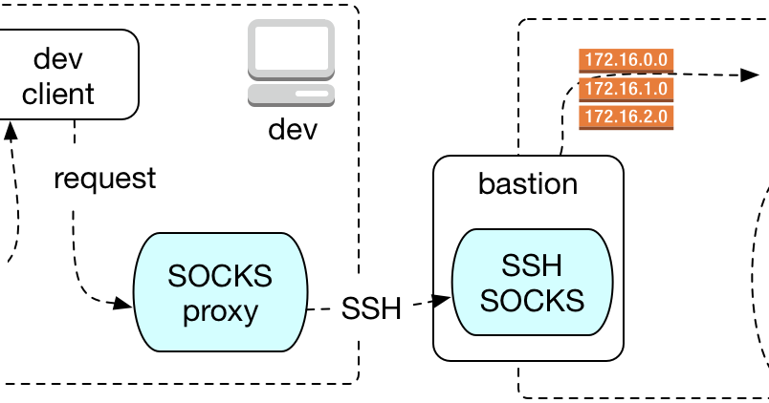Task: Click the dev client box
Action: [69, 74]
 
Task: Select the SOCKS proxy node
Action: [221, 292]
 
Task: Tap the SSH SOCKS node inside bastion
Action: [532, 282]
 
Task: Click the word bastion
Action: [528, 184]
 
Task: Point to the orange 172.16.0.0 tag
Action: [626, 60]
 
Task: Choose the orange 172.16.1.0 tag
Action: [626, 89]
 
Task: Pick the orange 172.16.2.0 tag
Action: [626, 117]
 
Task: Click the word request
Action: [105, 179]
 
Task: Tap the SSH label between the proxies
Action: [371, 308]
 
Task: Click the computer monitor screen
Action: [292, 48]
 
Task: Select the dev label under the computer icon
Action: [293, 130]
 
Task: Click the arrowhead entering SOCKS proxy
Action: [122, 304]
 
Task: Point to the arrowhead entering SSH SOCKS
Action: [441, 300]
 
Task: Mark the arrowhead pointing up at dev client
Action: [11, 131]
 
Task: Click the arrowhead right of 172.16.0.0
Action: [750, 74]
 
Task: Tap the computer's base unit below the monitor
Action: [292, 95]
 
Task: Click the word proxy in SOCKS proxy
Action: [220, 312]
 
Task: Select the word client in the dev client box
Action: [58, 94]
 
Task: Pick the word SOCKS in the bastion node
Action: [532, 300]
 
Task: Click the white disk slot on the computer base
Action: [312, 94]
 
